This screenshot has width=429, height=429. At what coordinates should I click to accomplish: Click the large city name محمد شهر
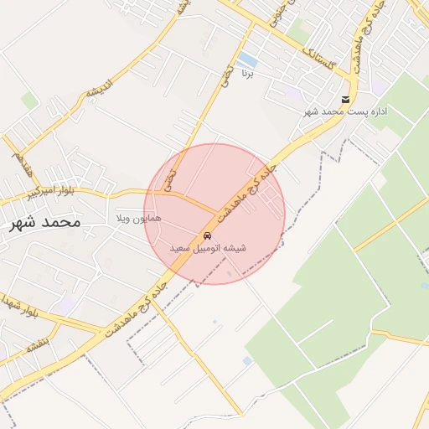click(x=46, y=223)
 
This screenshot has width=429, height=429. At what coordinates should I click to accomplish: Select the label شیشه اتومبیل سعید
click(x=208, y=249)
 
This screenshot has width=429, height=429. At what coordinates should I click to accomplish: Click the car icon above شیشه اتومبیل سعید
click(x=207, y=235)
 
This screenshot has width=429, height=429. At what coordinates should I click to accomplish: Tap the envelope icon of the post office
click(x=346, y=100)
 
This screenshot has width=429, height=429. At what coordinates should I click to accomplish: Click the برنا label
click(x=248, y=74)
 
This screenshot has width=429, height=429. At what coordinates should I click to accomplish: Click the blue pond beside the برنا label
click(x=247, y=60)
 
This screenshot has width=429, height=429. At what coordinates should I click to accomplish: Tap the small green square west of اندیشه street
click(x=29, y=101)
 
